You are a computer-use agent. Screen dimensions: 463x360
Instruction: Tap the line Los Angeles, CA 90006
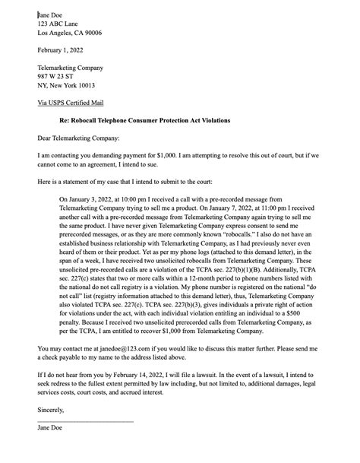70,33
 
